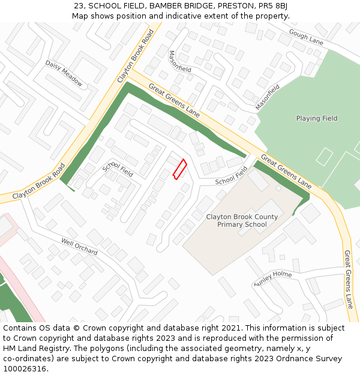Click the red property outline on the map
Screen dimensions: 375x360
pos(179,169)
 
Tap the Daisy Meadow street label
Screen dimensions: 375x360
pos(64,73)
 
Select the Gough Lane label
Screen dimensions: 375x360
pos(306,37)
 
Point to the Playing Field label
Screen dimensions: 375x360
pos(317,119)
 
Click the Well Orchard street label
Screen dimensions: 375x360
pos(79,246)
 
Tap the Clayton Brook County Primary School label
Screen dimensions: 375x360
pos(242,221)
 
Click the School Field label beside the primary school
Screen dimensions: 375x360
pos(231,176)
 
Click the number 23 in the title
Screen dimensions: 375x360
pos(79,6)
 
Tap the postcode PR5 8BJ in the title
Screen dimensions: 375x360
pos(273,6)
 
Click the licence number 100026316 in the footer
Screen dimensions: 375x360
pos(26,369)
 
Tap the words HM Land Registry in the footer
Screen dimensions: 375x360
pos(35,349)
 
